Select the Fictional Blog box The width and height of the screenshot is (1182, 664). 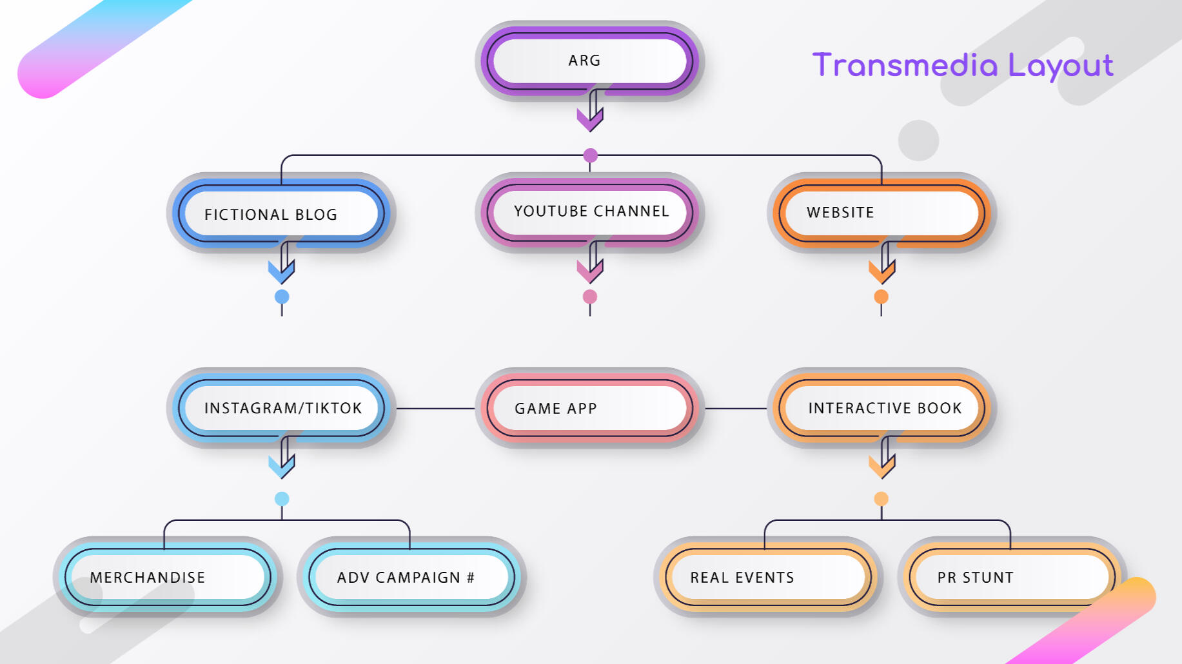(281, 213)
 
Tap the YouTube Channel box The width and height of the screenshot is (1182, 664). (589, 212)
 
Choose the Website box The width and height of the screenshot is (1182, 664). (881, 213)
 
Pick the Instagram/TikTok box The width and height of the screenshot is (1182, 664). (281, 408)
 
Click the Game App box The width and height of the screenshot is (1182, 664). (589, 408)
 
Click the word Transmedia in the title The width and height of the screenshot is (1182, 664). (905, 66)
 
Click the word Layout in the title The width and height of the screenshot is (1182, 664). (1061, 66)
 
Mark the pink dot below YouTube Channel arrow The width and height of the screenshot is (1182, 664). (590, 297)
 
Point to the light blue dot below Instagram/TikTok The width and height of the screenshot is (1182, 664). (282, 498)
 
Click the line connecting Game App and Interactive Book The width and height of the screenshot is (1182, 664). (736, 408)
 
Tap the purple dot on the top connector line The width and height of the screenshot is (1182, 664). (590, 155)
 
